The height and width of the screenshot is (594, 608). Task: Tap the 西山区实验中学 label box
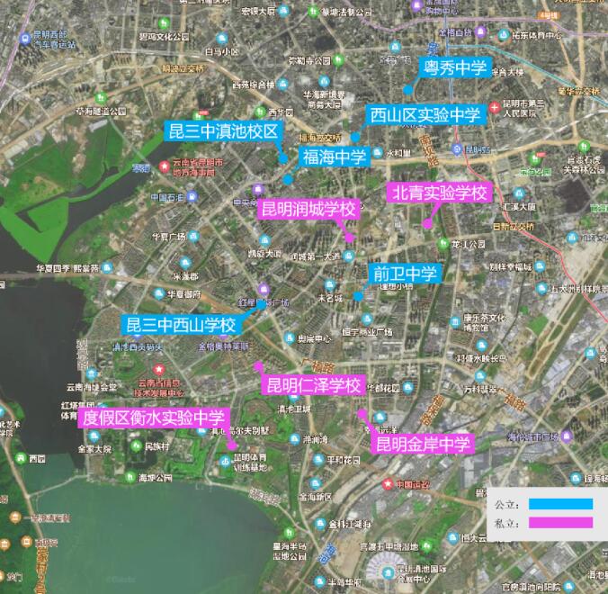coord(426,115)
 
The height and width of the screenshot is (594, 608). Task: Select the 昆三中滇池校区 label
coord(224,131)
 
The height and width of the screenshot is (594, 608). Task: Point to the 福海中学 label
coord(335,157)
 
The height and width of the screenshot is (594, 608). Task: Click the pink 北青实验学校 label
coord(440,193)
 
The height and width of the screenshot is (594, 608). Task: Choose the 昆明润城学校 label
coord(308,209)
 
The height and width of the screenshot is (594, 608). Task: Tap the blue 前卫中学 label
coord(404,274)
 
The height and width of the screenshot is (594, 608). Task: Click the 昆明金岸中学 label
coord(423,444)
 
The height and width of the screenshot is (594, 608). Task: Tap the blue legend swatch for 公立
coord(561,504)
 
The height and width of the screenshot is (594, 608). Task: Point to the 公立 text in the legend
coord(507,504)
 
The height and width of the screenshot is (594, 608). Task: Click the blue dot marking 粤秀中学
coord(407,90)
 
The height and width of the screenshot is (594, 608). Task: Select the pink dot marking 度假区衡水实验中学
coord(232,445)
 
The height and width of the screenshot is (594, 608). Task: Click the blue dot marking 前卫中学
coord(358,295)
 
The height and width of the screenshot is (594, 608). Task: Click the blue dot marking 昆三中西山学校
coord(260,305)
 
